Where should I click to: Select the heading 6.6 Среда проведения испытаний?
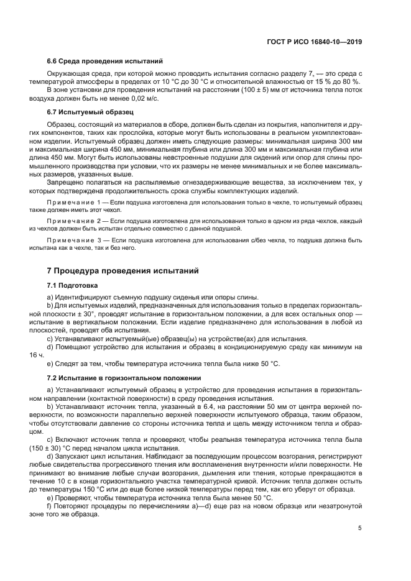coord(105,61)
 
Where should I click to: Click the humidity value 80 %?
coord(353,81)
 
